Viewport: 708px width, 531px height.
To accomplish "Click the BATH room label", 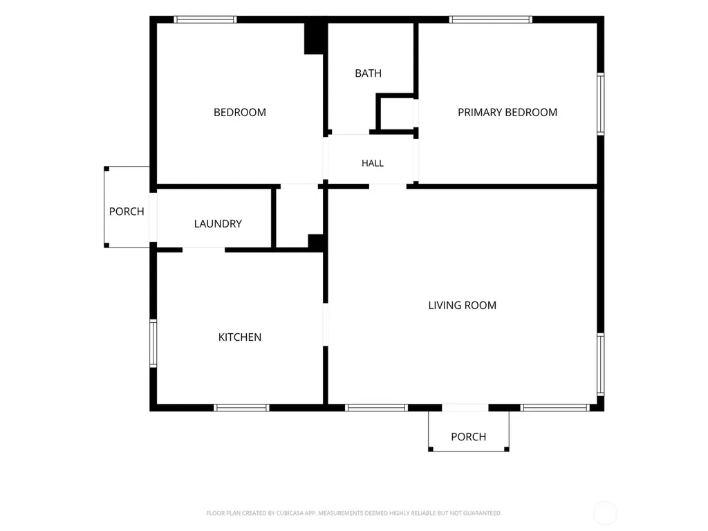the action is click(x=368, y=73).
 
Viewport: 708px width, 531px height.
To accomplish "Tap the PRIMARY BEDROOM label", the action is click(x=507, y=113).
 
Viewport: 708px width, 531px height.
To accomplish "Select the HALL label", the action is click(x=373, y=163).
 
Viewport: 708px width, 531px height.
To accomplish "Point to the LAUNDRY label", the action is click(x=218, y=223).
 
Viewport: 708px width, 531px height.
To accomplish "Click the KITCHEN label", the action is click(x=240, y=337).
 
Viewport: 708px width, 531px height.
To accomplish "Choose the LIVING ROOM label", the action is click(x=463, y=305).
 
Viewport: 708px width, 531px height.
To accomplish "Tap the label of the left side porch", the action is click(x=127, y=212).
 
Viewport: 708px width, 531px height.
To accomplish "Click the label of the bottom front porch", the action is click(x=469, y=437).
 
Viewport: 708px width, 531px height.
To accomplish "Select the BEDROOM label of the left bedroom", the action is click(x=240, y=113).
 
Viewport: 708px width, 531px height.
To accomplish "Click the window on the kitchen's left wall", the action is click(x=153, y=343).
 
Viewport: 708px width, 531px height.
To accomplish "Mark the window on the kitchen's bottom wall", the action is click(x=241, y=408).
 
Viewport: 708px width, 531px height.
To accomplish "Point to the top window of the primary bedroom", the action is click(x=490, y=19).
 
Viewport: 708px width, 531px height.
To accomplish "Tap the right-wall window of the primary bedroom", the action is click(x=601, y=104).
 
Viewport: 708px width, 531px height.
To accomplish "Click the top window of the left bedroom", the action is click(x=205, y=19).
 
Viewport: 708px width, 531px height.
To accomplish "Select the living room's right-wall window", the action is click(x=601, y=365).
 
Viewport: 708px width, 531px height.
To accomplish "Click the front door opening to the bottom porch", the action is click(x=465, y=408).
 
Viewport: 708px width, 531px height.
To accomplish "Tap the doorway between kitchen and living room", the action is click(x=325, y=325).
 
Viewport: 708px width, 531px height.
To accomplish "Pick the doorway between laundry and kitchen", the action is click(x=204, y=250).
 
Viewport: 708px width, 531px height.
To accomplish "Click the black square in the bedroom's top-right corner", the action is click(x=315, y=39).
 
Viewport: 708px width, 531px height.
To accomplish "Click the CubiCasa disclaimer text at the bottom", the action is click(x=354, y=513).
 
